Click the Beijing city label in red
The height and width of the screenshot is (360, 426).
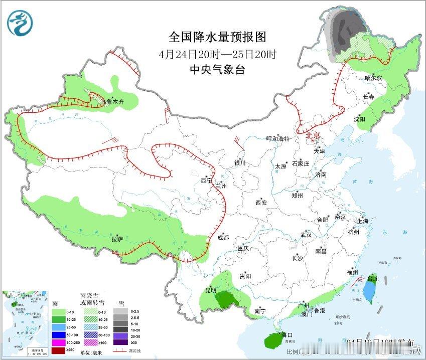314,135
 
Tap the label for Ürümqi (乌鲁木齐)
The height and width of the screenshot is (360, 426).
112,102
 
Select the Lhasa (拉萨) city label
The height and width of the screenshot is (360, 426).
117,239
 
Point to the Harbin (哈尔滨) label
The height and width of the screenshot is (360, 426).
373,78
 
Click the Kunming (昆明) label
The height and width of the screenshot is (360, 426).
211,290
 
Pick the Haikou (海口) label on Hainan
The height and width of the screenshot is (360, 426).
286,335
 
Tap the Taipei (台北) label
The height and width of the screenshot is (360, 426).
372,278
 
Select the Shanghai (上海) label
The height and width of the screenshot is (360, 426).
363,221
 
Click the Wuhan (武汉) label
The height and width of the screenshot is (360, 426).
306,235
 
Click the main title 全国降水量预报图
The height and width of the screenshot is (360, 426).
217,37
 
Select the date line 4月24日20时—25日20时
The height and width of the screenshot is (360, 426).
217,54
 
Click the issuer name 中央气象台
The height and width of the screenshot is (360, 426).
217,70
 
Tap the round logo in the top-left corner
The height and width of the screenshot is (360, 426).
20,23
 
